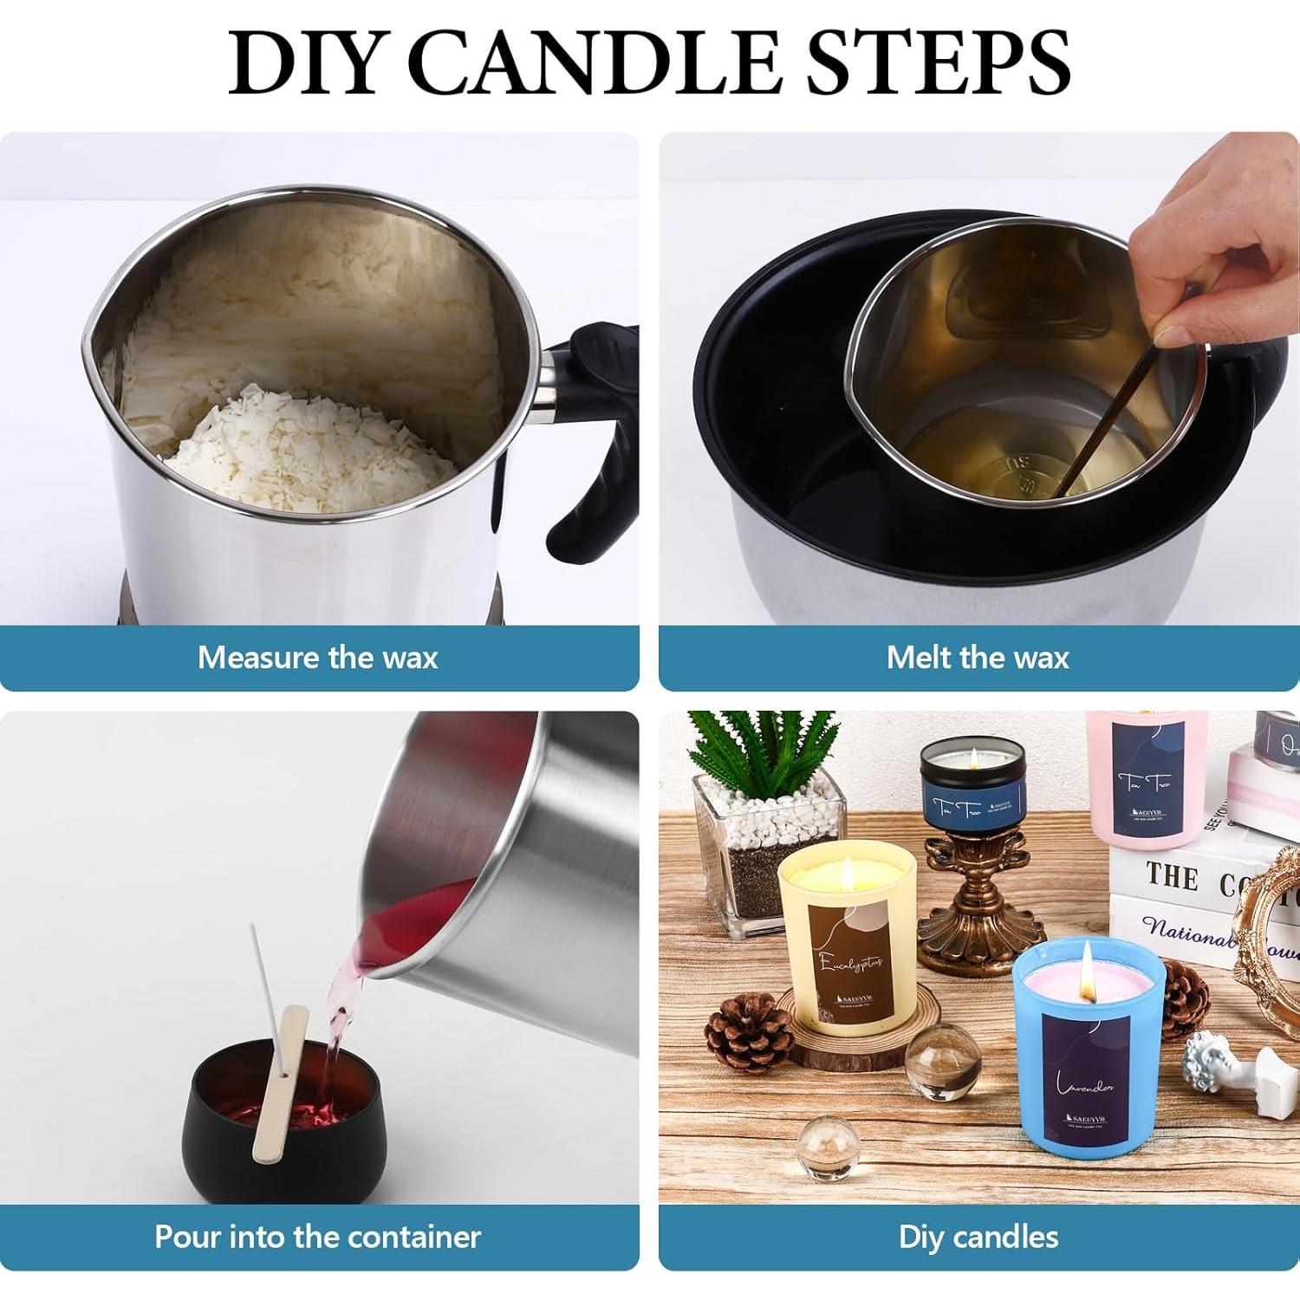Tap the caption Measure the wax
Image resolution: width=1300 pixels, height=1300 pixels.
[x=317, y=658]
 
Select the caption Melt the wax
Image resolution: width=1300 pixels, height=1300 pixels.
[x=978, y=658]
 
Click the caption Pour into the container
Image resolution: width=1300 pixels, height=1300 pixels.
[x=317, y=1237]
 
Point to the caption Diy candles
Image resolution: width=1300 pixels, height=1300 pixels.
[x=978, y=1237]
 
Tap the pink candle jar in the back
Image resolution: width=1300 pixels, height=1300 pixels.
[x=1144, y=780]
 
